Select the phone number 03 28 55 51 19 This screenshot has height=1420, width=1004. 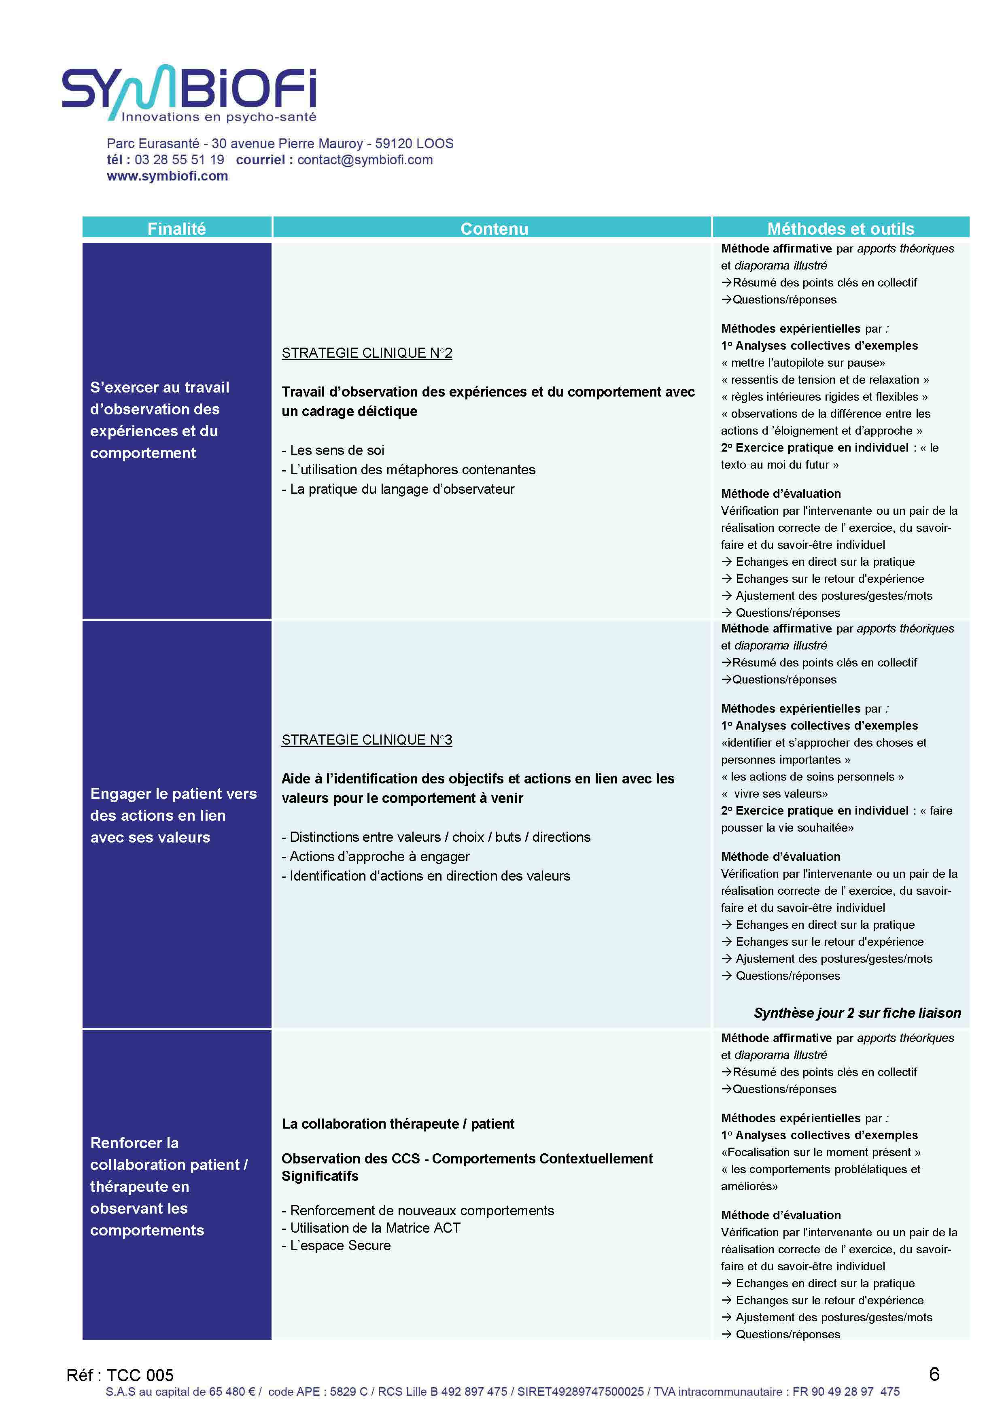tap(179, 159)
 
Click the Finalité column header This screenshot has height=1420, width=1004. tap(176, 228)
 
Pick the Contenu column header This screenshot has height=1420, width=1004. tap(494, 228)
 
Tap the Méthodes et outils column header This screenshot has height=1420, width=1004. tap(840, 228)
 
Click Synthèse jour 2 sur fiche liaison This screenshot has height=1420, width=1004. tap(857, 1012)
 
